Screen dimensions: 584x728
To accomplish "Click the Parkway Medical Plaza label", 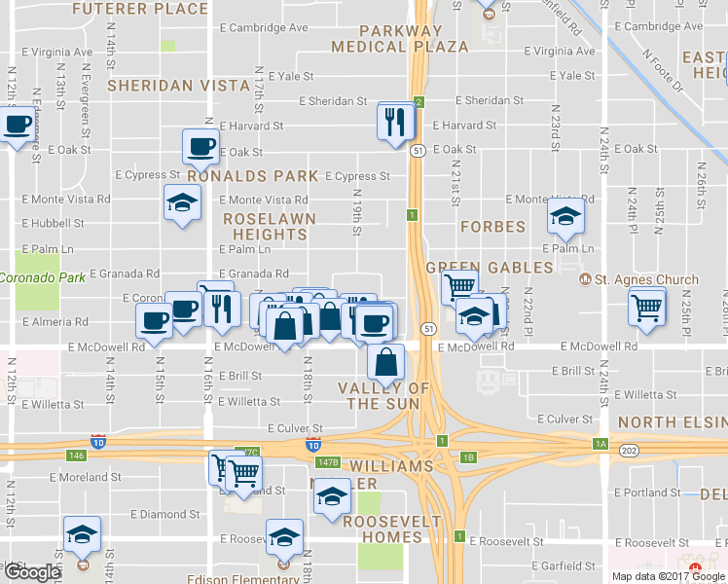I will (386, 39).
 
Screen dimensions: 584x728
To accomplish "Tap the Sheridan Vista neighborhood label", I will (178, 86).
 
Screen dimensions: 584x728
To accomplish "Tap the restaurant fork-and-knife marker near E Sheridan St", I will (396, 122).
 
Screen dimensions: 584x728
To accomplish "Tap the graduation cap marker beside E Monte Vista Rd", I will (182, 204).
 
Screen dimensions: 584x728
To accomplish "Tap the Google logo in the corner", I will (33, 572).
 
